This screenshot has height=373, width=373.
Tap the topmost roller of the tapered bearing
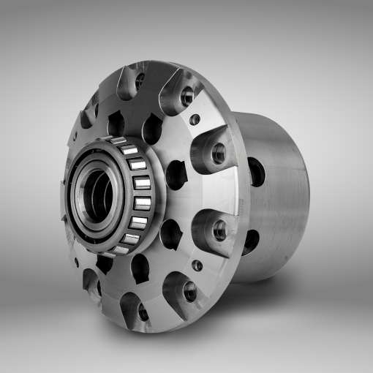point(129,150)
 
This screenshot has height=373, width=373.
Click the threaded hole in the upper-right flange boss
point(218,154)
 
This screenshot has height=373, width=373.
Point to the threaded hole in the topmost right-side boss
point(187,95)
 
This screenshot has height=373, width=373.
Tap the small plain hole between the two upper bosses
point(195,119)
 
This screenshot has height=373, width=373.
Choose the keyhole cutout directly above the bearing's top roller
point(151,129)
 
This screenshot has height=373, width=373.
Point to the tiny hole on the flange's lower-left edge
point(75,262)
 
